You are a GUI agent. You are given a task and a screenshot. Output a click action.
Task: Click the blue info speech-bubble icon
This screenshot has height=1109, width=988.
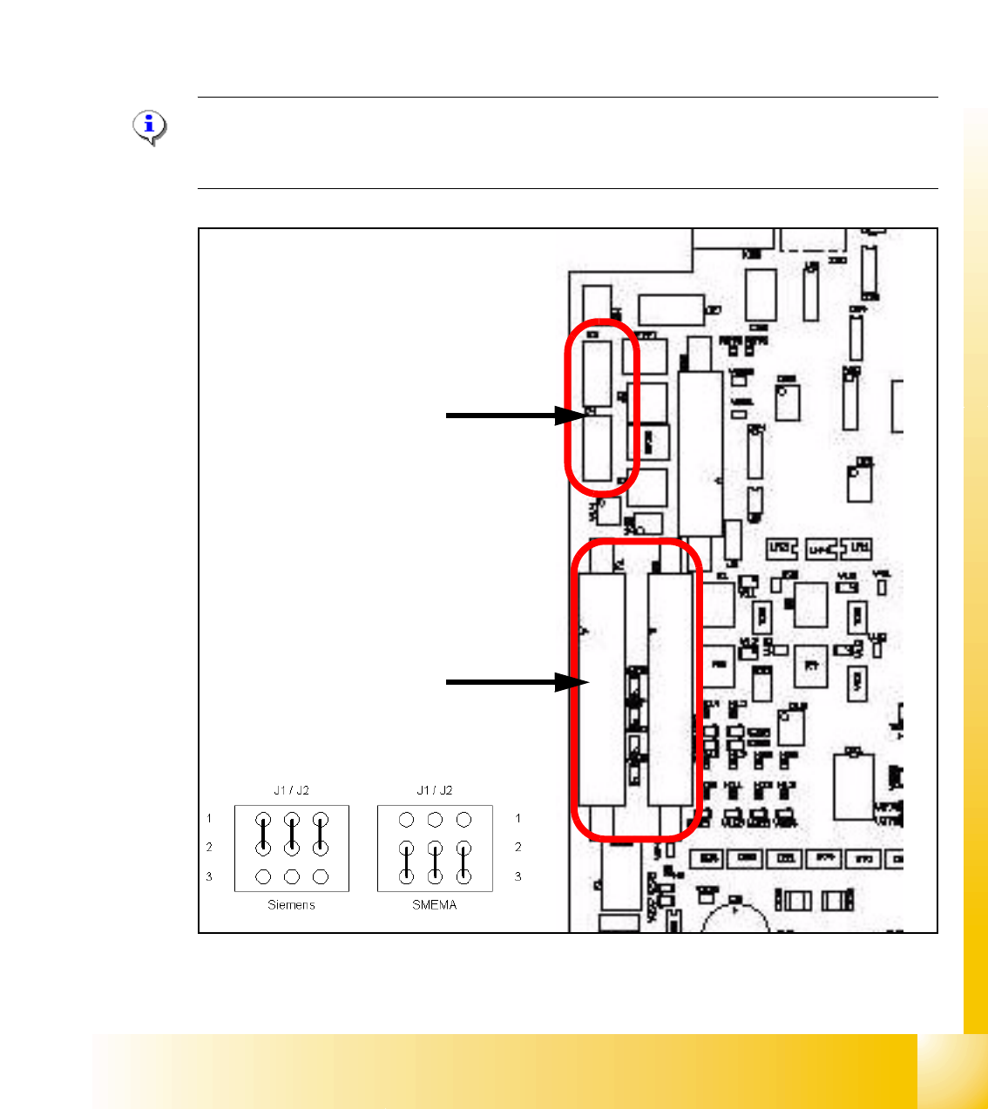[150, 127]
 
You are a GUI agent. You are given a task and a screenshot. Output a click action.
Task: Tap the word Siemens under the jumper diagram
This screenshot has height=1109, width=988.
[291, 905]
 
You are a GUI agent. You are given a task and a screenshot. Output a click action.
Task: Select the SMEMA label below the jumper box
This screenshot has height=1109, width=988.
[434, 905]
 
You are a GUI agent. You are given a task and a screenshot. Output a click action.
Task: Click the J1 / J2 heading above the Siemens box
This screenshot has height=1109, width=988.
[291, 790]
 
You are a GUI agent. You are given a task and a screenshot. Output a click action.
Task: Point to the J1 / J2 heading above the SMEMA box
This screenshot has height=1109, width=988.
[434, 790]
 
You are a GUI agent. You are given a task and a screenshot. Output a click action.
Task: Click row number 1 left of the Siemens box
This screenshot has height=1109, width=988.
[209, 818]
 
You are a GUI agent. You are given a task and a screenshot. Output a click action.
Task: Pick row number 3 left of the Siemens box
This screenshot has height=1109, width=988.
[209, 876]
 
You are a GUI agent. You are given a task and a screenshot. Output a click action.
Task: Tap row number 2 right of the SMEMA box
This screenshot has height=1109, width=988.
[518, 847]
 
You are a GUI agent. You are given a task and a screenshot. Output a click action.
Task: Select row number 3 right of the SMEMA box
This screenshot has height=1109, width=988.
[518, 876]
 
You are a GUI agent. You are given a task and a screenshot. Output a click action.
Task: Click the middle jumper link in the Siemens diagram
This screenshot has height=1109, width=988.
[292, 834]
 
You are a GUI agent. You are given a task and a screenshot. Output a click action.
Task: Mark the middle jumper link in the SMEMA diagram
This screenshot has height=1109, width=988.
[435, 862]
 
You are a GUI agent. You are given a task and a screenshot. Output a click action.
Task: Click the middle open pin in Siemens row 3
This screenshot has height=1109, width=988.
[292, 876]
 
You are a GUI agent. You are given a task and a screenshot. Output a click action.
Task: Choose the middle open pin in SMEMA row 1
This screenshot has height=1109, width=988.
[435, 819]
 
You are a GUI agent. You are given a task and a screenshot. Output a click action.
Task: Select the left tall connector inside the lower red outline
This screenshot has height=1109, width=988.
[603, 688]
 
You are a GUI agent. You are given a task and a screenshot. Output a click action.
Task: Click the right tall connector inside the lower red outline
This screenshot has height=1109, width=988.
[670, 688]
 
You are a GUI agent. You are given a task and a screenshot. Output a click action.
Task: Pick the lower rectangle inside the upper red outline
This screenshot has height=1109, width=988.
[598, 448]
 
